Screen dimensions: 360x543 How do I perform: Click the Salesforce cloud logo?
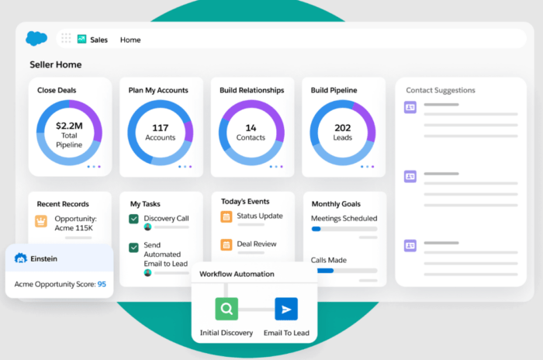click(x=36, y=38)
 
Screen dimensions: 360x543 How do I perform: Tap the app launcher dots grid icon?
click(x=66, y=39)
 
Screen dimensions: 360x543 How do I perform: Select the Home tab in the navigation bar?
click(x=130, y=40)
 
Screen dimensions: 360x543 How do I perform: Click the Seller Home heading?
click(x=56, y=64)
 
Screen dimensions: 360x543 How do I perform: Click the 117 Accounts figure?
click(x=161, y=132)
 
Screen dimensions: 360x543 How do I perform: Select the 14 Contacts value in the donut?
click(x=251, y=132)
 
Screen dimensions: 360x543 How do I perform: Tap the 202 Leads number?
click(x=343, y=132)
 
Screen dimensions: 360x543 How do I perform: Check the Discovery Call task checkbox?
click(x=134, y=219)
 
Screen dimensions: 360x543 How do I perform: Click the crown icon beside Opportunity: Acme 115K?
click(x=41, y=221)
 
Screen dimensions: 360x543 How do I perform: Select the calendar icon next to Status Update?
click(x=227, y=216)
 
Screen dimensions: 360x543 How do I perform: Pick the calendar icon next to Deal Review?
click(x=227, y=244)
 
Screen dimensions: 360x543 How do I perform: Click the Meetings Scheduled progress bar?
click(x=344, y=229)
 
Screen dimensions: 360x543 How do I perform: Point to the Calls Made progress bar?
click(x=344, y=271)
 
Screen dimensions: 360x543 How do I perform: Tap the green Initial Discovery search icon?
click(x=227, y=310)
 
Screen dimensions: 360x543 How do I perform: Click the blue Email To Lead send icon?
click(x=286, y=310)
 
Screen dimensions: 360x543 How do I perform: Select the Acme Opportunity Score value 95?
click(x=102, y=284)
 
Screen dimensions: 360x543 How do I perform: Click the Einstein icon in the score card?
click(x=21, y=258)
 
